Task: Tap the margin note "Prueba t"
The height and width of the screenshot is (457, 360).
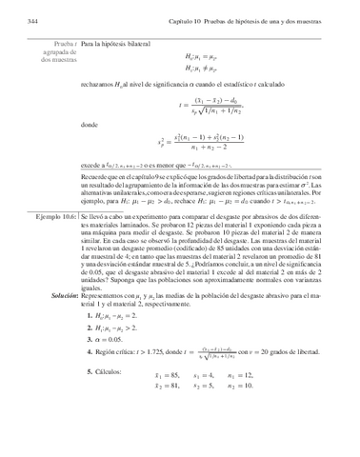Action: (x=64, y=44)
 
